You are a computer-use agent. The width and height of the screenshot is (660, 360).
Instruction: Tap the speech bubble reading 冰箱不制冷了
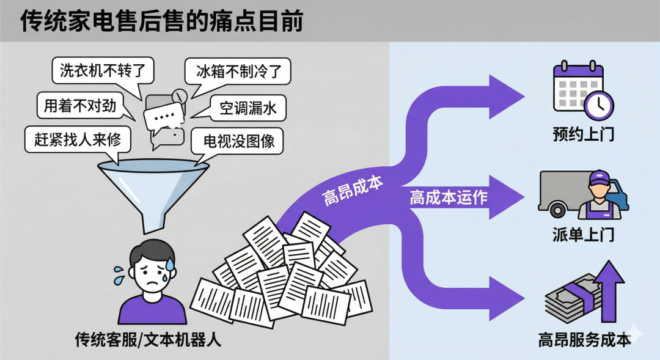pyautogui.click(x=238, y=71)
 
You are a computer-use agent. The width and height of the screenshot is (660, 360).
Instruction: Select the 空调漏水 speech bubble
pyautogui.click(x=248, y=108)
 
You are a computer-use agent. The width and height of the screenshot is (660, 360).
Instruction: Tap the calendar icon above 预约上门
pyautogui.click(x=574, y=86)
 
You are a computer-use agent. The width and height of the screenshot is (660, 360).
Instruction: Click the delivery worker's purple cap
pyautogui.click(x=599, y=178)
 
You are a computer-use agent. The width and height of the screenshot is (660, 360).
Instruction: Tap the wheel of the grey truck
pyautogui.click(x=557, y=210)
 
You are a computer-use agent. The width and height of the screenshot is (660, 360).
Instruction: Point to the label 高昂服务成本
pyautogui.click(x=584, y=339)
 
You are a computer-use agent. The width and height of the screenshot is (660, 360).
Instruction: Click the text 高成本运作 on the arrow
pyautogui.click(x=449, y=197)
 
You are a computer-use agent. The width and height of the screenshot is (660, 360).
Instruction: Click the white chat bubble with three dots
pyautogui.click(x=164, y=116)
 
